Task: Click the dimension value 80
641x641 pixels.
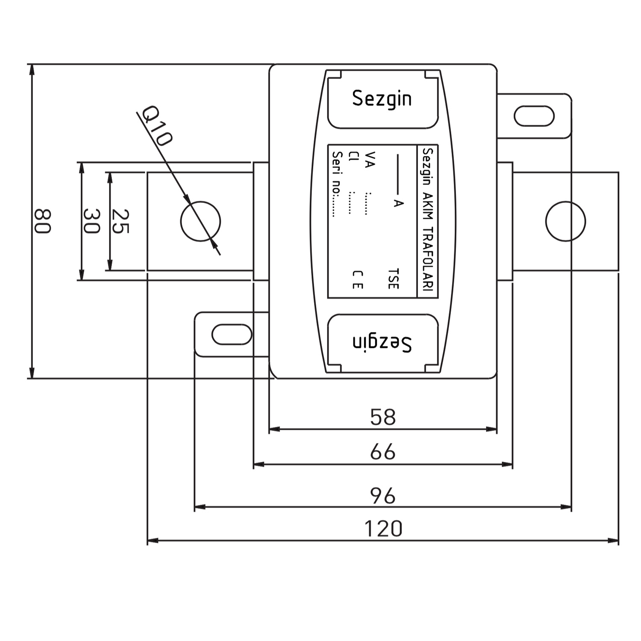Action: pos(43,221)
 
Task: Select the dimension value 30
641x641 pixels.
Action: pos(91,221)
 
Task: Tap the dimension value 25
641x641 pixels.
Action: pos(120,221)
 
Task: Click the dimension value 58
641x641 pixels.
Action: pos(383,417)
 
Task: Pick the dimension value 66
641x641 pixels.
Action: pos(383,452)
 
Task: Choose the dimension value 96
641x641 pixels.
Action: pos(383,496)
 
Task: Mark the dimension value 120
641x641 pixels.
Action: pos(383,529)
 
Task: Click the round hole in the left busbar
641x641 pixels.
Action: pos(200,221)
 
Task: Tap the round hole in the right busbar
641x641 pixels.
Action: pos(566,221)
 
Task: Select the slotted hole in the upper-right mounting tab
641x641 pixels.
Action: pos(534,116)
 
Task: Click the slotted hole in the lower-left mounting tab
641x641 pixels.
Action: pos(232,335)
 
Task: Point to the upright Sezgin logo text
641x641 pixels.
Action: pos(382,99)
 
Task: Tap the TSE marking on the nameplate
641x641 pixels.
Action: pos(393,279)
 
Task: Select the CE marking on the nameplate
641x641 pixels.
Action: pos(358,279)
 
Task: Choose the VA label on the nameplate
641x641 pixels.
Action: pos(370,159)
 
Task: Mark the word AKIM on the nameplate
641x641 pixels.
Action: pos(428,206)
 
